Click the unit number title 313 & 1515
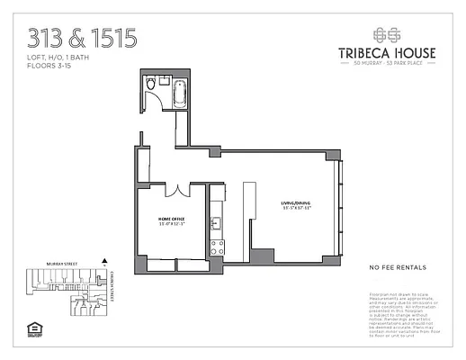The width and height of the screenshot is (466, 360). click(x=83, y=38)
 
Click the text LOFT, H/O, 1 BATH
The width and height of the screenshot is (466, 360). click(x=60, y=58)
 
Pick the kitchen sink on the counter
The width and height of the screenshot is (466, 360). click(x=216, y=223)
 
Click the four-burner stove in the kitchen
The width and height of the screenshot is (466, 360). click(x=216, y=245)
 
